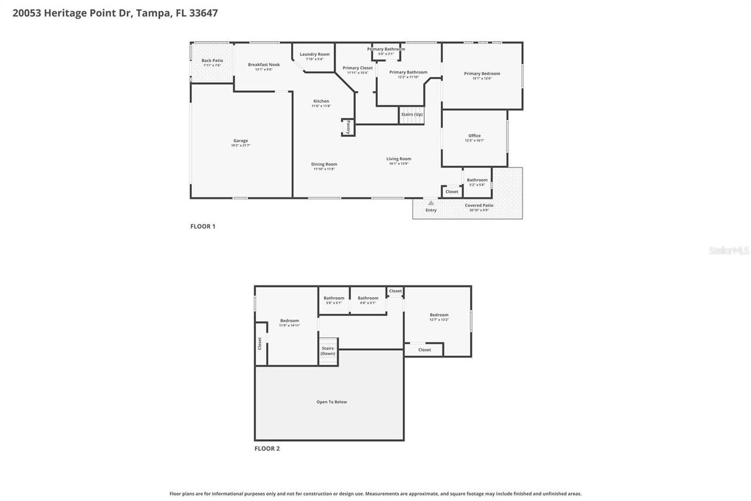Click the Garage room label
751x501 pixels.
coord(241,141)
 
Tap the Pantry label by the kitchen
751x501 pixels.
coord(348,127)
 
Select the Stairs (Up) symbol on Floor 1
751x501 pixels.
coord(412,115)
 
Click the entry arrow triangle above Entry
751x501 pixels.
coord(431,203)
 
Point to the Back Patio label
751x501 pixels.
coord(212,60)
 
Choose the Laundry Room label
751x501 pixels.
coord(314,55)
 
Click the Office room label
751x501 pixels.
coord(474,136)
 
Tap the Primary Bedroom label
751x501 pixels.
coord(482,73)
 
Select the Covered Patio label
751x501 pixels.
coord(479,206)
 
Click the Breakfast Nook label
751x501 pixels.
coord(263,65)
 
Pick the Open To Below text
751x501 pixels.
coord(331,402)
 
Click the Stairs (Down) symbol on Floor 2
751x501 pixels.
coord(328,351)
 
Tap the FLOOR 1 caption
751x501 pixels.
coord(202,226)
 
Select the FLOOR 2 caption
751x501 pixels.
coord(267,448)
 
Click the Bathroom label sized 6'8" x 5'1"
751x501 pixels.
coord(368,298)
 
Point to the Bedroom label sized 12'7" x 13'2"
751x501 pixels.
coord(438,315)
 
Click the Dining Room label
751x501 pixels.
coord(324,164)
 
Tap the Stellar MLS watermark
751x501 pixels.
coord(729,251)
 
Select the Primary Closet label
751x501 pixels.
coord(357,68)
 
